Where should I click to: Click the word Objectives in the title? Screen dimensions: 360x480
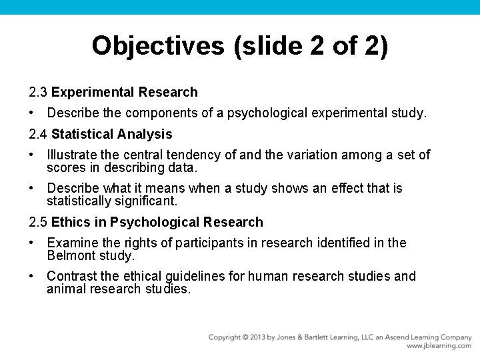(x=159, y=46)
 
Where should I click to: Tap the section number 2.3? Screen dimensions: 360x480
(x=38, y=92)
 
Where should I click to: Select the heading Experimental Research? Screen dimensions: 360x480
(x=125, y=92)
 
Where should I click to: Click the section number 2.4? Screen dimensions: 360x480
(x=38, y=134)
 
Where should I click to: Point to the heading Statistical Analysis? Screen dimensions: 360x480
(x=112, y=134)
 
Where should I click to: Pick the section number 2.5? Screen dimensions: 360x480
(x=38, y=222)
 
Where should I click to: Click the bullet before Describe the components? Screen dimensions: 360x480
(x=32, y=113)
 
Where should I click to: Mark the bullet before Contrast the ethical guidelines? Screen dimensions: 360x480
(x=32, y=276)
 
